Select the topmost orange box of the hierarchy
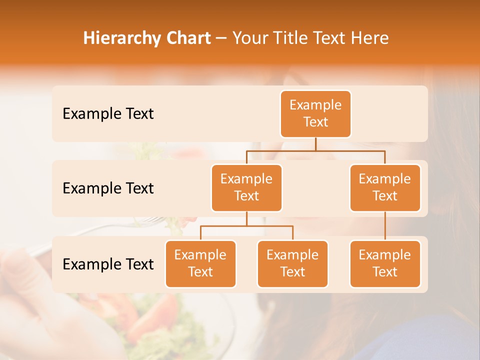(315, 114)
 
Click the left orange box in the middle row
(246, 187)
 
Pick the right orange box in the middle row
(385, 187)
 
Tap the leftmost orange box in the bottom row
(200, 263)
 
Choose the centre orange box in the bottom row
(292, 263)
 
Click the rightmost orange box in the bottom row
(385, 263)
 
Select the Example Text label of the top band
(108, 114)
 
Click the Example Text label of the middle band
(108, 188)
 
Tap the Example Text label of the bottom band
(108, 264)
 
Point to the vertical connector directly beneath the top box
(315, 144)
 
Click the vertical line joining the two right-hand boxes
(385, 226)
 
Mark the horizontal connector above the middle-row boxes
(315, 150)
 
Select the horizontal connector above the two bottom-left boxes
(246, 226)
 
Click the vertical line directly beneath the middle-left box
(246, 218)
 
